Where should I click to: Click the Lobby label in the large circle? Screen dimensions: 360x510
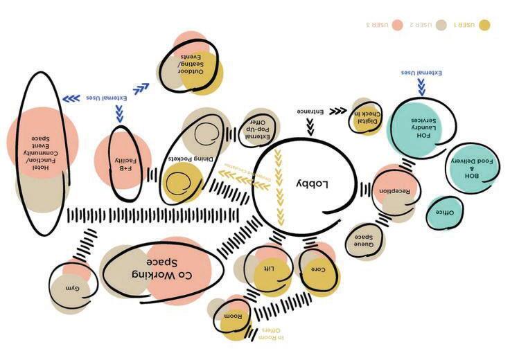pyautogui.click(x=316, y=184)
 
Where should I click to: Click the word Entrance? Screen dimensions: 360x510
pyautogui.click(x=311, y=111)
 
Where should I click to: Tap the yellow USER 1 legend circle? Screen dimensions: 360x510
pyautogui.click(x=484, y=25)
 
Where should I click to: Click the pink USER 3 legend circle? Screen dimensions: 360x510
pyautogui.click(x=397, y=25)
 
